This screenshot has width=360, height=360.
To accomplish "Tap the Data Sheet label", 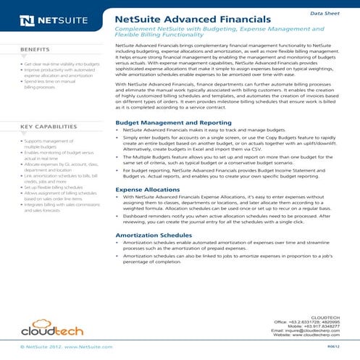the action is (325, 13).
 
